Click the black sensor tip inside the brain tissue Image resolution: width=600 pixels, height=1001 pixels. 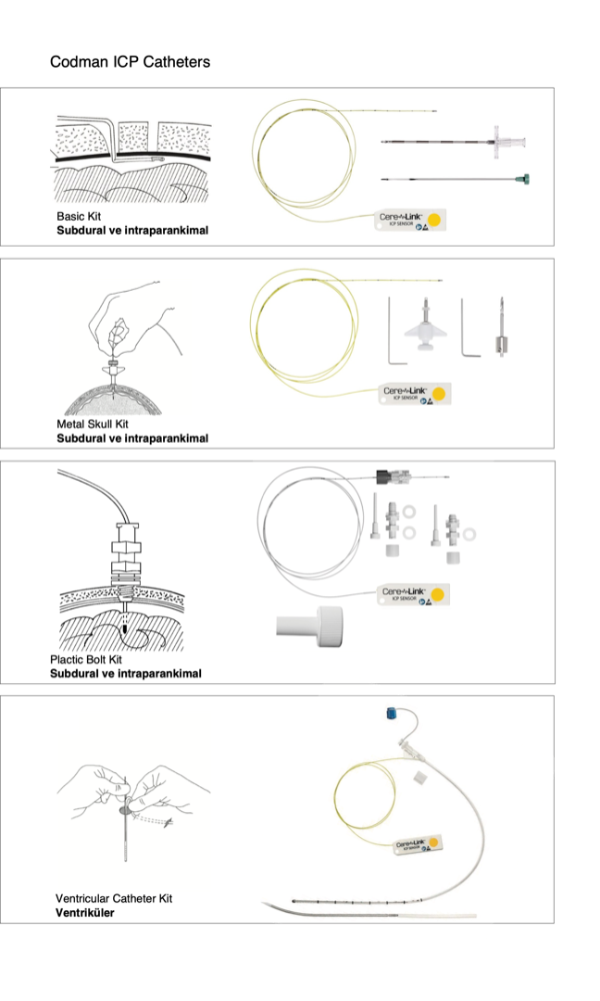point(122,629)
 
